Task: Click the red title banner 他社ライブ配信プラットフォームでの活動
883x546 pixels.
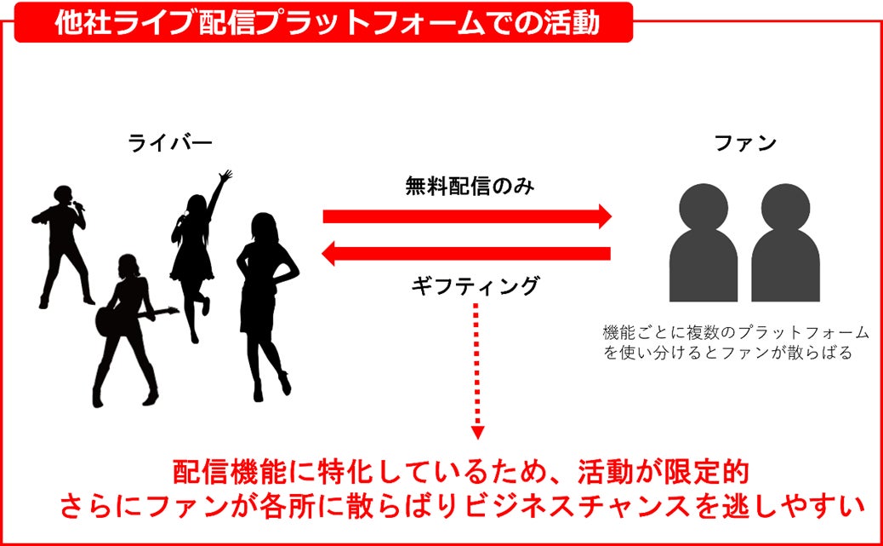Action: pyautogui.click(x=323, y=23)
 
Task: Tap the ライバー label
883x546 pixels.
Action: pyautogui.click(x=170, y=143)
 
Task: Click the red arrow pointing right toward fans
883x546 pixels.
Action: pyautogui.click(x=467, y=216)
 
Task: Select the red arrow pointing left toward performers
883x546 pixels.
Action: pyautogui.click(x=467, y=253)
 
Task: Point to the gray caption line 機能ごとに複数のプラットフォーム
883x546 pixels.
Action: pyautogui.click(x=736, y=331)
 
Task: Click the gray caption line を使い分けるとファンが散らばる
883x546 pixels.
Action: pyautogui.click(x=727, y=352)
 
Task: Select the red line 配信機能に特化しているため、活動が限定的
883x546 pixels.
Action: pyautogui.click(x=459, y=472)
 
